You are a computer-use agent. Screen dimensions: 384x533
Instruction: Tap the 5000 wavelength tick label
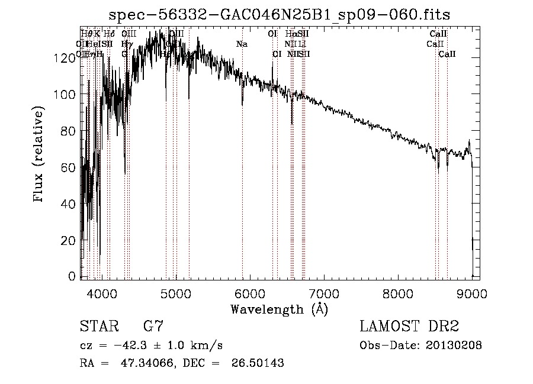click(176, 292)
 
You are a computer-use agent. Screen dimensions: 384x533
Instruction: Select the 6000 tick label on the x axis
click(250, 292)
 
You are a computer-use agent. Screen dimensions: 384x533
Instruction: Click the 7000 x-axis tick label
click(324, 292)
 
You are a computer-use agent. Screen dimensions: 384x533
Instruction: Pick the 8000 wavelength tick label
click(398, 292)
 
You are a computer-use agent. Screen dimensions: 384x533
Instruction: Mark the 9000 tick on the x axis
click(472, 292)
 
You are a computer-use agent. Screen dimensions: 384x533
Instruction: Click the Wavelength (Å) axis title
click(279, 309)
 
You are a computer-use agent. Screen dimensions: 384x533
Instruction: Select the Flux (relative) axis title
click(39, 155)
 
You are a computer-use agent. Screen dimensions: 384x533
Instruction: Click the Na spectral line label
click(242, 44)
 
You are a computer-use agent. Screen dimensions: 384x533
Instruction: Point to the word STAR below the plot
click(97, 326)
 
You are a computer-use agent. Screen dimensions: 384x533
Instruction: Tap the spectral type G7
click(153, 326)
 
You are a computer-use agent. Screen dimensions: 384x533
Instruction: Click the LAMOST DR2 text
click(409, 326)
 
